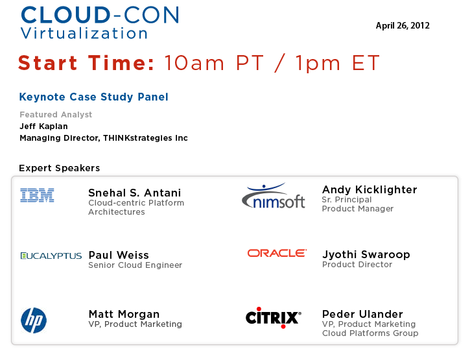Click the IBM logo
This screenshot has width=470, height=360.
point(37,195)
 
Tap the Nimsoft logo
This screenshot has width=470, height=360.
point(274,196)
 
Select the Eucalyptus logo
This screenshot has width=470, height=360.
point(51,256)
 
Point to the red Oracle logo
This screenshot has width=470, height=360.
point(277,253)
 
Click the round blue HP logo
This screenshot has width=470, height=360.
point(34,320)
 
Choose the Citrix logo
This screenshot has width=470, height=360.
point(274,317)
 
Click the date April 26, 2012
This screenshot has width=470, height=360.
point(403,26)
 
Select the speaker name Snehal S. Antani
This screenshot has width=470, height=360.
point(135,193)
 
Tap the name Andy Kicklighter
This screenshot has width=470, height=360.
point(370,189)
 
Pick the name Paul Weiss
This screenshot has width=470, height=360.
point(119,255)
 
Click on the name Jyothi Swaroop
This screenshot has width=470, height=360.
point(366,254)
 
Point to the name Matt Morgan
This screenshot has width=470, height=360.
point(124,314)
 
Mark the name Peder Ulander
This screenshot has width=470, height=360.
point(362,314)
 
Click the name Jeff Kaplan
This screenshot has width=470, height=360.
point(44,126)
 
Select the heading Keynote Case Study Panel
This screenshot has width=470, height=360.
point(94,97)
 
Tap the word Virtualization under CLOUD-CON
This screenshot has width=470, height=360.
point(84,33)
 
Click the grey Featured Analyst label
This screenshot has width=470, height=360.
point(56,115)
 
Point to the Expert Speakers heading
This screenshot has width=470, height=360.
point(60,168)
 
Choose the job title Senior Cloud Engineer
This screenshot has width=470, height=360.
point(135,265)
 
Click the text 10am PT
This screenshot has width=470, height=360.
point(214,63)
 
